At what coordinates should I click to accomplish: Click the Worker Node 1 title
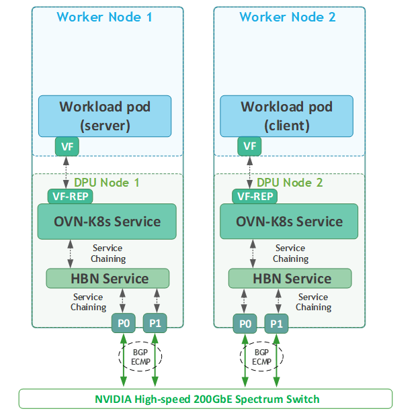(104, 17)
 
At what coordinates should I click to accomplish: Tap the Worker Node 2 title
(288, 17)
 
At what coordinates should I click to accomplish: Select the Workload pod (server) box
(104, 116)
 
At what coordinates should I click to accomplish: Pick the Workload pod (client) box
(286, 116)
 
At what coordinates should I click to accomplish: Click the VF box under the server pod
(67, 146)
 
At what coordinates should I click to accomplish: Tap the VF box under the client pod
(249, 146)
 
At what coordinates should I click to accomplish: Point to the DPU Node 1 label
(107, 183)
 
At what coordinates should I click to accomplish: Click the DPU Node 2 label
(290, 183)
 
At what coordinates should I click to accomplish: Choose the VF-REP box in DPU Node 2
(253, 196)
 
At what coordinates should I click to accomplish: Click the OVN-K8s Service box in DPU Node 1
(107, 222)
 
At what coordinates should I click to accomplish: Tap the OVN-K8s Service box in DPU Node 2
(289, 222)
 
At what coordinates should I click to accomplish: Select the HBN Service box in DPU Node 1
(107, 278)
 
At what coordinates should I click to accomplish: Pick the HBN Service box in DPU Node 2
(290, 278)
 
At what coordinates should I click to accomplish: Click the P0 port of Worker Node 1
(123, 324)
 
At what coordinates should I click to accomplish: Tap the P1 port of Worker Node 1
(155, 324)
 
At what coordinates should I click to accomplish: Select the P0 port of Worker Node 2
(244, 324)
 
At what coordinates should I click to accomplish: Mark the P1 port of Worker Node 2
(276, 324)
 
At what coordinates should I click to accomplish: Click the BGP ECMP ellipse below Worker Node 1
(138, 357)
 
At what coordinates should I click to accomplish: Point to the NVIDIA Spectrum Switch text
(207, 399)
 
